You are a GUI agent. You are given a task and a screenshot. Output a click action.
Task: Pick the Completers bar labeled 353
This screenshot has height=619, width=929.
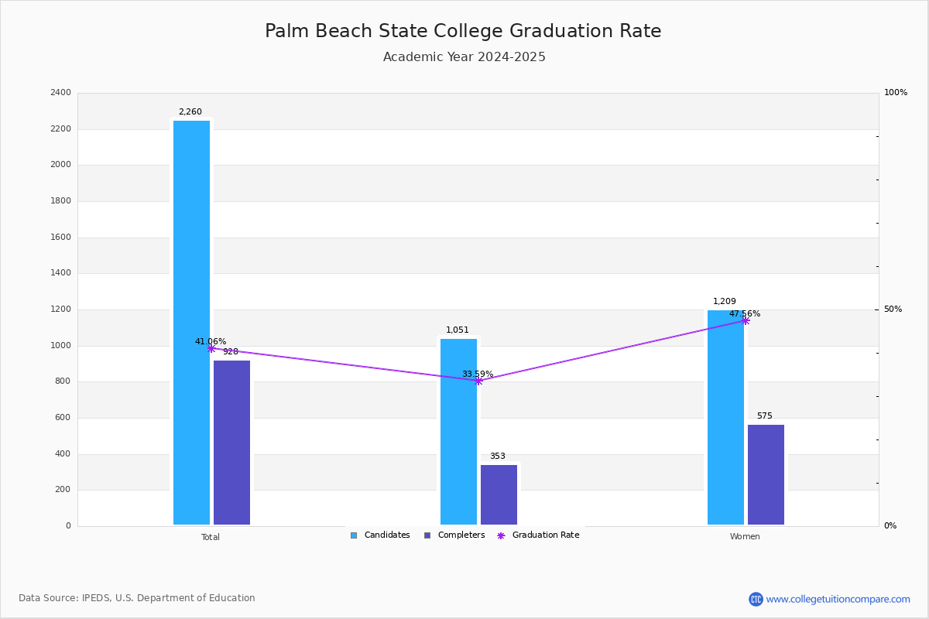click(499, 495)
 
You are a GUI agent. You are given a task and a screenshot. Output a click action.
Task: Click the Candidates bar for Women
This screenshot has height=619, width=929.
click(725, 418)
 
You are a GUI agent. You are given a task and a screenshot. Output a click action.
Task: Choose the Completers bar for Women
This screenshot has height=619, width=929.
click(766, 475)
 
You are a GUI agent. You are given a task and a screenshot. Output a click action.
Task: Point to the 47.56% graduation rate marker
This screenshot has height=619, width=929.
click(745, 320)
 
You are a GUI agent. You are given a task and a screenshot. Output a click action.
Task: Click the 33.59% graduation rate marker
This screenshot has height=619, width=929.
click(478, 381)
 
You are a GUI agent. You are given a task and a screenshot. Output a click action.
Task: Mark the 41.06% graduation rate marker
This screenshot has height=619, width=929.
click(211, 349)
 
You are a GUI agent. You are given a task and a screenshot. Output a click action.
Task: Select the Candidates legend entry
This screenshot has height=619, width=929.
click(380, 535)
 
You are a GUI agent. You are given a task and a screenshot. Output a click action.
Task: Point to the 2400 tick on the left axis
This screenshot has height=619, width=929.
click(60, 93)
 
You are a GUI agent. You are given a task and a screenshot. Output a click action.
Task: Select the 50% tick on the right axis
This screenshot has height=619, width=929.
click(893, 309)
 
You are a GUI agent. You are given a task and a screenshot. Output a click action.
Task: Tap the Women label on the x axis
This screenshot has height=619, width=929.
click(745, 537)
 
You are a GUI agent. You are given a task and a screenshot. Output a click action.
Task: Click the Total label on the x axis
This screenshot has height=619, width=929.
click(211, 537)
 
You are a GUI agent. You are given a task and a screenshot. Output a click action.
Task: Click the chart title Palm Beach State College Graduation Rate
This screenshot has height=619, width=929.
click(463, 31)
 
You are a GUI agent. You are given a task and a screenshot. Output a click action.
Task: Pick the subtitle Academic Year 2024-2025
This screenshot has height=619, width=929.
click(464, 57)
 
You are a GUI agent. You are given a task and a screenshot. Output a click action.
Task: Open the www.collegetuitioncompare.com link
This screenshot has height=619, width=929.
click(838, 599)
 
